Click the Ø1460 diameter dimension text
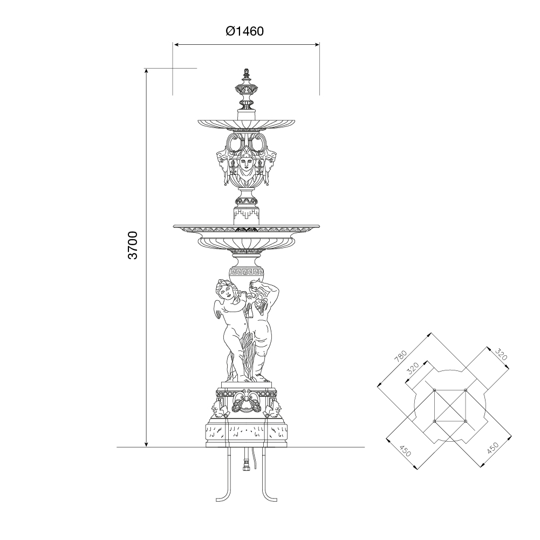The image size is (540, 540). click(x=245, y=31)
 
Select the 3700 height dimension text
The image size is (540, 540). click(x=133, y=245)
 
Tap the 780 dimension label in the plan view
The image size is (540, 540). click(x=401, y=356)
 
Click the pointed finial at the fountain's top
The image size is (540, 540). click(x=246, y=73)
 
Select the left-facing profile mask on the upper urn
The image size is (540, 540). click(x=222, y=162)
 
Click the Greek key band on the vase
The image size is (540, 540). click(x=246, y=272)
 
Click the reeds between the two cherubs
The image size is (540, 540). click(x=248, y=355)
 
